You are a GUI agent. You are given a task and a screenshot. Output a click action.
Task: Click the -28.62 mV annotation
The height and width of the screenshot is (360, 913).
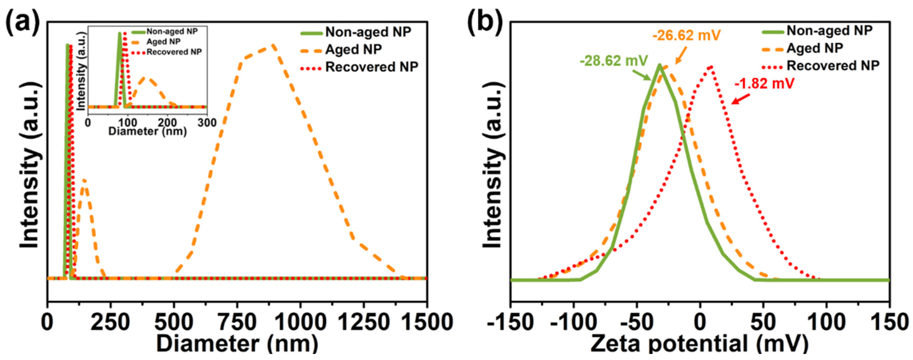coord(614,61)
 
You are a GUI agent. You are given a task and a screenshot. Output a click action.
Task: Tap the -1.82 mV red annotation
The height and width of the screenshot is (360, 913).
coord(764,84)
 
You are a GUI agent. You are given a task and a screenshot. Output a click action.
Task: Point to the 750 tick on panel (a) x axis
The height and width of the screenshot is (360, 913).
coord(237,323)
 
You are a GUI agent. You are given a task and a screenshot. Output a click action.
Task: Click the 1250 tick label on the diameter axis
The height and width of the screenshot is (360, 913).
coord(363,323)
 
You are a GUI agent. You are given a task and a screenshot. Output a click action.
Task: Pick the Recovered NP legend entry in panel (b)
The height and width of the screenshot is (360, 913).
coord(833,66)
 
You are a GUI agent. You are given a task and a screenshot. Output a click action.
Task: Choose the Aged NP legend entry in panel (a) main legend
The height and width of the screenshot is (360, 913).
coord(353,49)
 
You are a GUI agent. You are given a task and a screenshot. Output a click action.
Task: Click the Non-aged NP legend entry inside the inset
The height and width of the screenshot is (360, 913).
coord(172,31)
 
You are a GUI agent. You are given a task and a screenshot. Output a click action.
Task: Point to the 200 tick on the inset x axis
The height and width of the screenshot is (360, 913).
coord(167,123)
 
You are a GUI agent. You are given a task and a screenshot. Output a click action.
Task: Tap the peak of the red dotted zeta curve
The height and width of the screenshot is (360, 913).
coord(711,66)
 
